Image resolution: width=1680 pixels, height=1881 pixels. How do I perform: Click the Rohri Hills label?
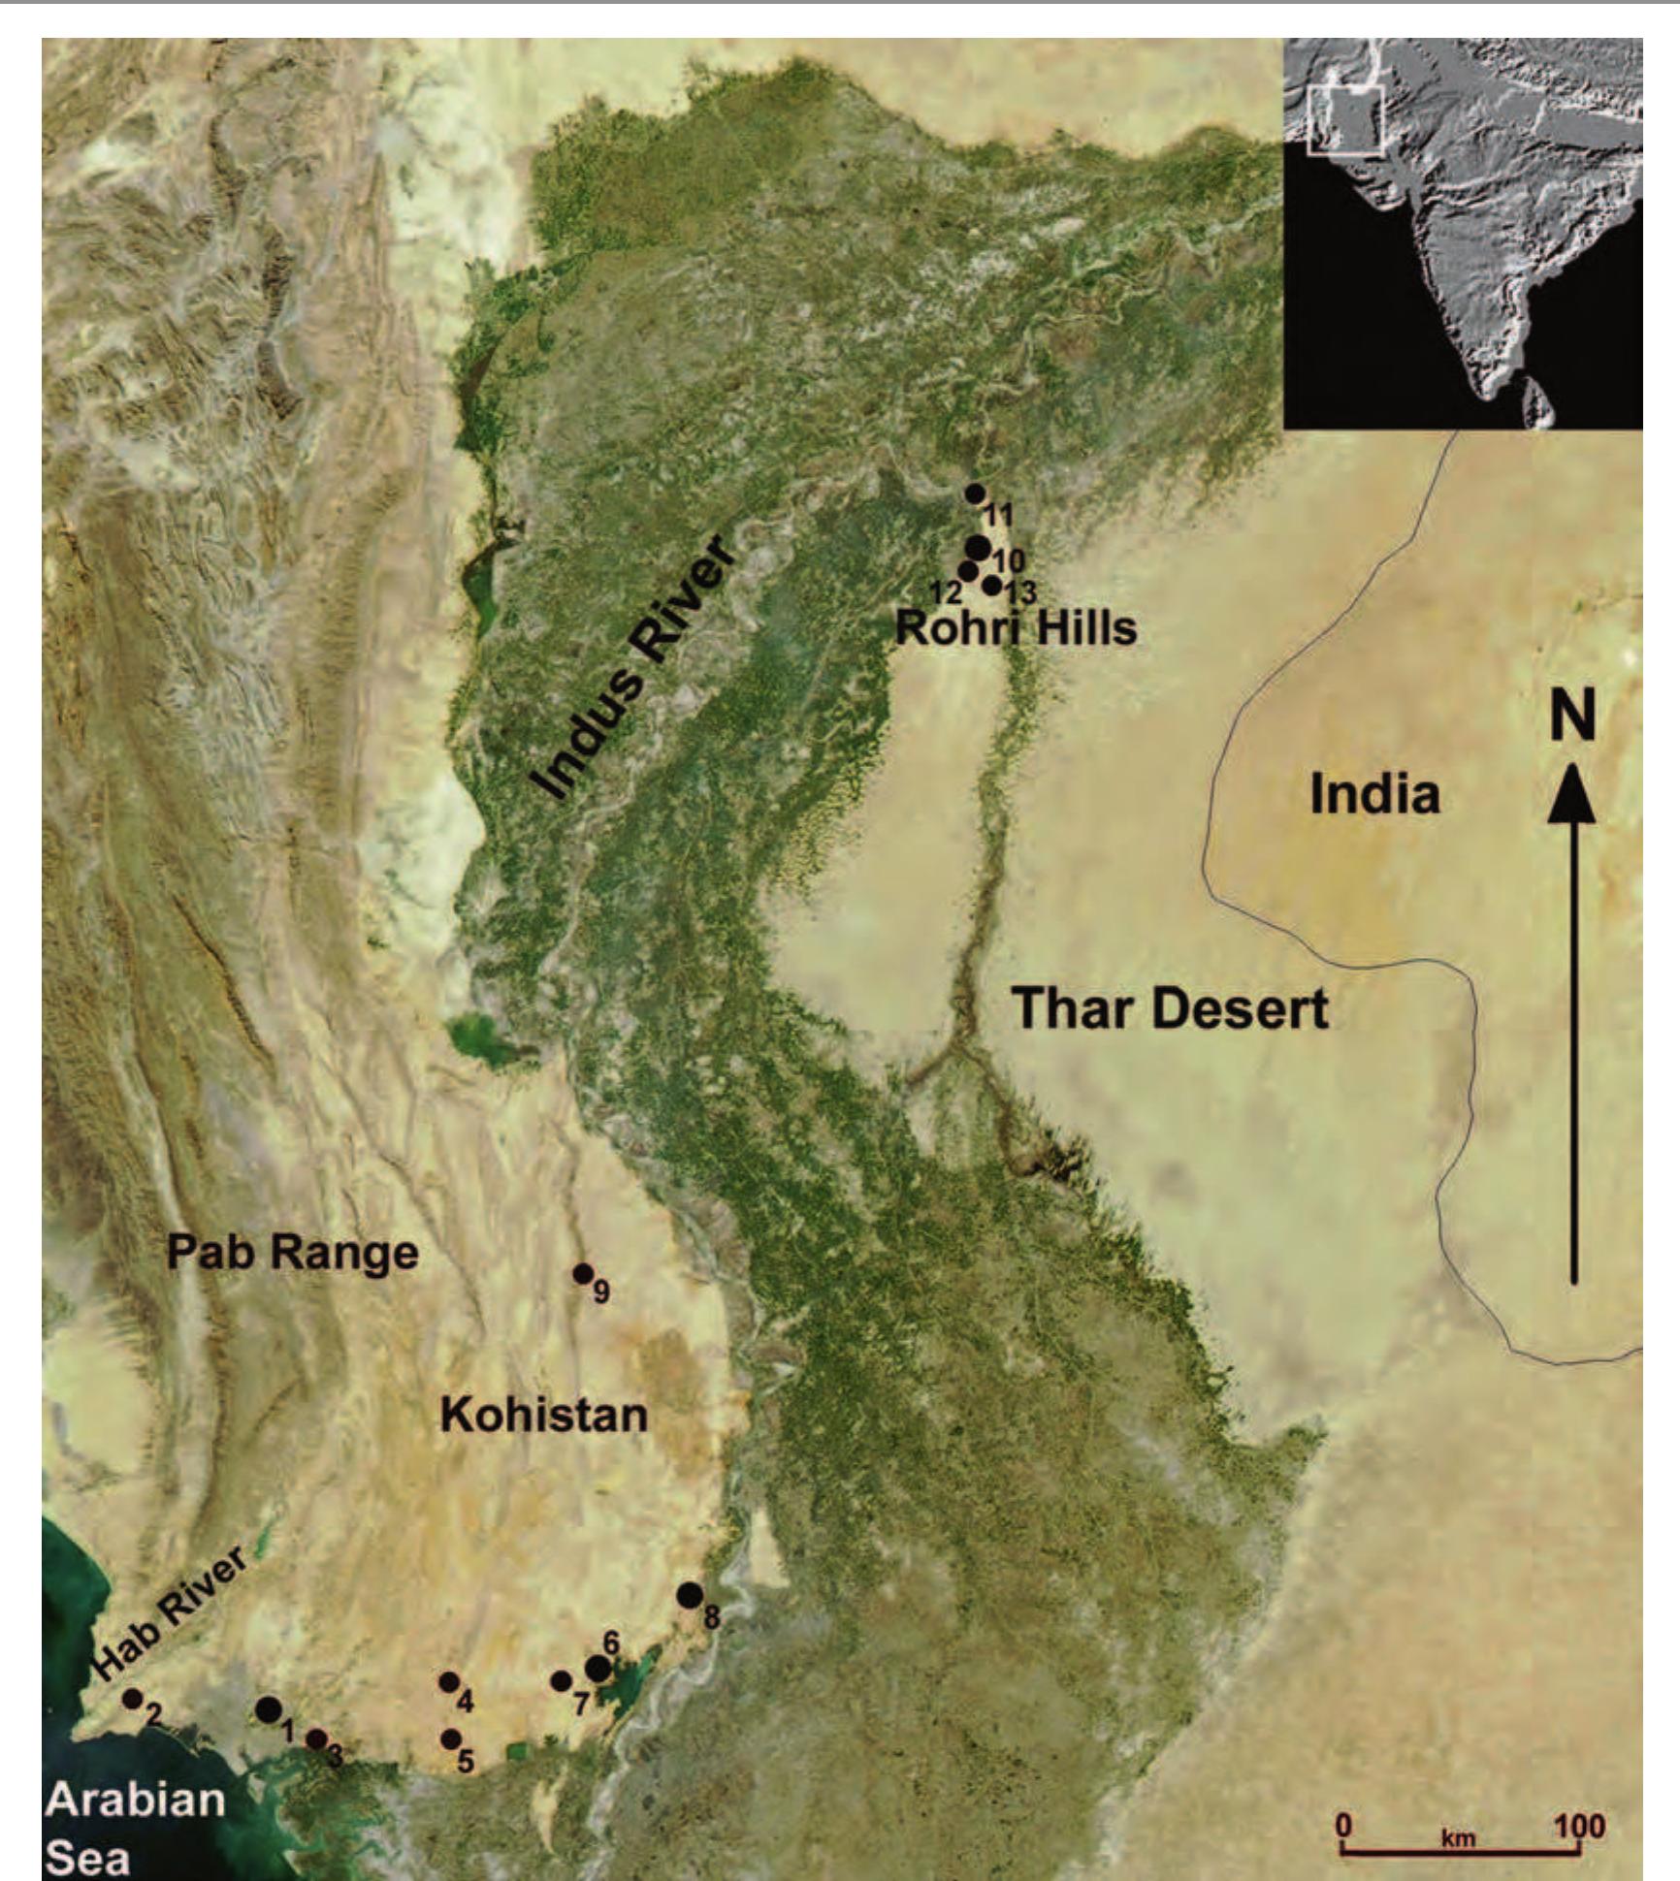[x=1015, y=629]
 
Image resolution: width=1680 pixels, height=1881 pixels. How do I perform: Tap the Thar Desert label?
[x=1170, y=1009]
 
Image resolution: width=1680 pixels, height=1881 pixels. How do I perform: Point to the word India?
[x=1374, y=795]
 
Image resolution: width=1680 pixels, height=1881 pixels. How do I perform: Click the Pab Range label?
[x=292, y=1252]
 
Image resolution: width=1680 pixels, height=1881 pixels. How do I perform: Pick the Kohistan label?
[x=543, y=1416]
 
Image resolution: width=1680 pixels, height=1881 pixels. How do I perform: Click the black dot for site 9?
[x=582, y=1273]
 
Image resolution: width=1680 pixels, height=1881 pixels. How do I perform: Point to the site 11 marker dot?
[x=975, y=494]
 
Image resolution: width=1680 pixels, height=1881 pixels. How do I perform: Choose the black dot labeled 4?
[x=448, y=1682]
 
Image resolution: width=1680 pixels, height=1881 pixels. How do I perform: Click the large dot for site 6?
[x=598, y=1668]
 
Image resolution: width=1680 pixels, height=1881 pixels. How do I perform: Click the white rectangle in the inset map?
[x=1344, y=121]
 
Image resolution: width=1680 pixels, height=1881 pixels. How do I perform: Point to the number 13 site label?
[x=1019, y=591]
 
